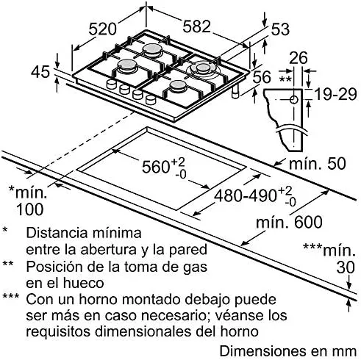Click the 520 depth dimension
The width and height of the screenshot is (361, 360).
click(x=102, y=29)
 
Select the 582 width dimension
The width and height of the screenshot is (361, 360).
click(x=197, y=26)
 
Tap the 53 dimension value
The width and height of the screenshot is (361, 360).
click(x=280, y=29)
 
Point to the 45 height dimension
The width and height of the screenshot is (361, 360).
click(x=40, y=72)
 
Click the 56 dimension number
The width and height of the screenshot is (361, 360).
click(x=262, y=76)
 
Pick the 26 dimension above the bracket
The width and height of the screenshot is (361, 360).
click(x=299, y=58)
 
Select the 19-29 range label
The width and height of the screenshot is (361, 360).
click(x=335, y=94)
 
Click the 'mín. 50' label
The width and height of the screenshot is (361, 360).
click(x=318, y=163)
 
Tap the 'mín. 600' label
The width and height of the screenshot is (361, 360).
click(x=289, y=222)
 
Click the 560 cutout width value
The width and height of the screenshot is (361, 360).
click(x=156, y=167)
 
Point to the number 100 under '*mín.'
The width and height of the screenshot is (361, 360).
click(x=30, y=209)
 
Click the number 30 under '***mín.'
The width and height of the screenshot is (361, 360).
click(x=346, y=267)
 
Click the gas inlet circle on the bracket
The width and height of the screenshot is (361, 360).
click(x=293, y=100)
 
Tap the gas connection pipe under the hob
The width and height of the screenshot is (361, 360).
click(x=235, y=92)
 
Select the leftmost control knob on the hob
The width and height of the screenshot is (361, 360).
click(x=111, y=84)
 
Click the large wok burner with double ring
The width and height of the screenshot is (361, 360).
click(x=202, y=69)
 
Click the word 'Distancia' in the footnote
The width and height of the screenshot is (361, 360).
click(x=57, y=233)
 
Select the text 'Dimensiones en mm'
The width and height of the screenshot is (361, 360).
click(x=288, y=351)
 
